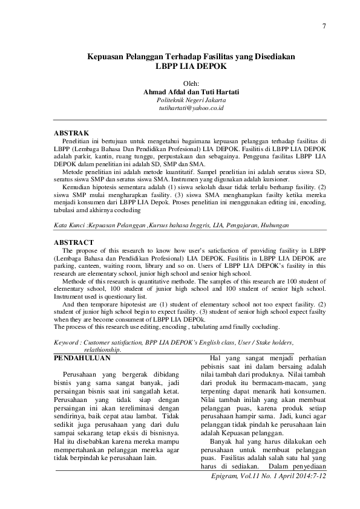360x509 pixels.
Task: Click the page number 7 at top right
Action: pyautogui.click(x=325, y=25)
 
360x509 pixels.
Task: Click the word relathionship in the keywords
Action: pyautogui.click(x=102, y=349)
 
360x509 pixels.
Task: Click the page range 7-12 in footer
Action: pyautogui.click(x=317, y=476)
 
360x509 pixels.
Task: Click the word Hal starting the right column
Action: pyautogui.click(x=217, y=358)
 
